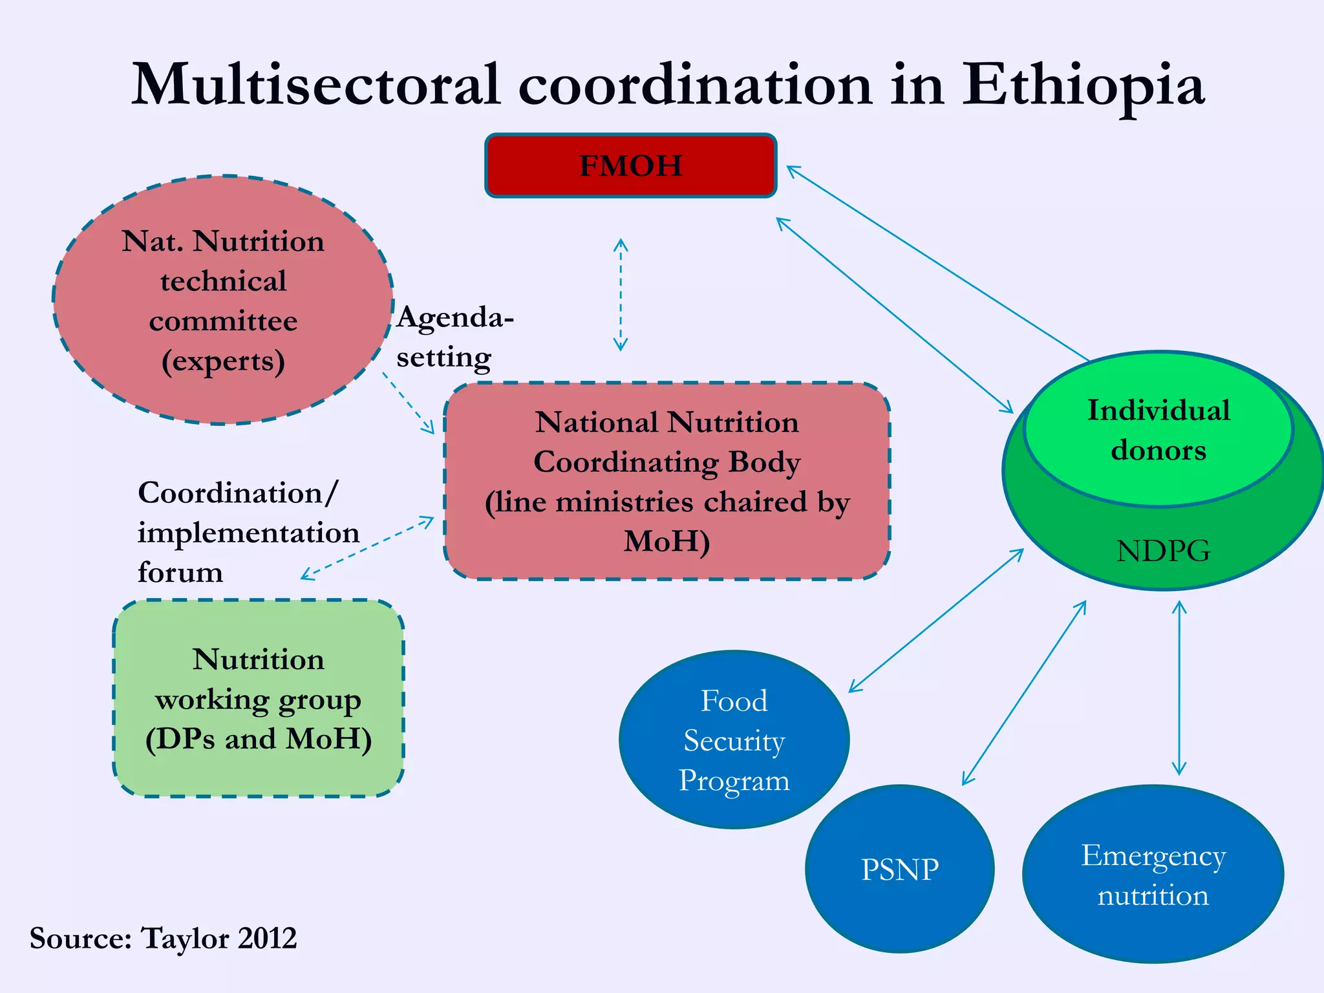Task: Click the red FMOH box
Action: (630, 165)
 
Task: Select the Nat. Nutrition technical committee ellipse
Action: (223, 300)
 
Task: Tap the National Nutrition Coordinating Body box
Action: (667, 481)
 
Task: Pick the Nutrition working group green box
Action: (259, 698)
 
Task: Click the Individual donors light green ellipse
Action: (1158, 430)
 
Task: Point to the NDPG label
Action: (1163, 551)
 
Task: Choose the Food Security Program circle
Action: (734, 740)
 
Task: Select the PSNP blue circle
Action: (899, 869)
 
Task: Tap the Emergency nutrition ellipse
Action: (1153, 875)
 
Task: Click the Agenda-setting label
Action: (454, 337)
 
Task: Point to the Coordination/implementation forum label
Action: (248, 532)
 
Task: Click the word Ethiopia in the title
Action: (1083, 85)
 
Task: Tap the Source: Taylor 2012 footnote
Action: (163, 938)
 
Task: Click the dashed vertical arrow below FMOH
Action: (621, 294)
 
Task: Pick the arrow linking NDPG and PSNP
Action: (1024, 693)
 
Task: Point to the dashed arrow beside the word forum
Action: (367, 548)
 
